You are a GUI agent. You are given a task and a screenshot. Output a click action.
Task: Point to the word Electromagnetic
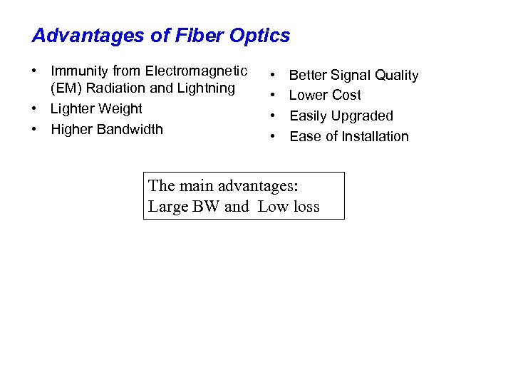click(x=197, y=71)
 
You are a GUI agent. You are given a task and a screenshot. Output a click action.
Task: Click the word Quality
click(x=396, y=76)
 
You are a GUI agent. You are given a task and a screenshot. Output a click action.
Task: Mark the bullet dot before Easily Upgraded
click(x=273, y=116)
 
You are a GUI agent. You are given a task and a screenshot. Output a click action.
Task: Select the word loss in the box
click(x=305, y=207)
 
